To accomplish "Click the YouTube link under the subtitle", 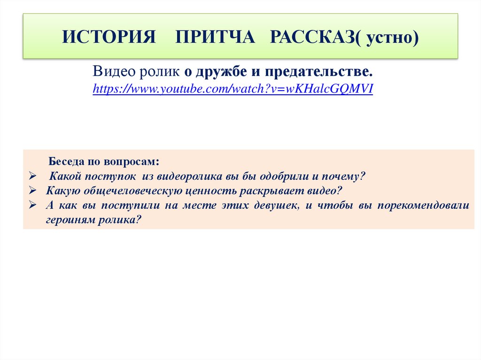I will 233,89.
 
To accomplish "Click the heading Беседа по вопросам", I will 104,162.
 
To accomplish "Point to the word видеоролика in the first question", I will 182,176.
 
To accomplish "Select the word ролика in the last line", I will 119,220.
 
